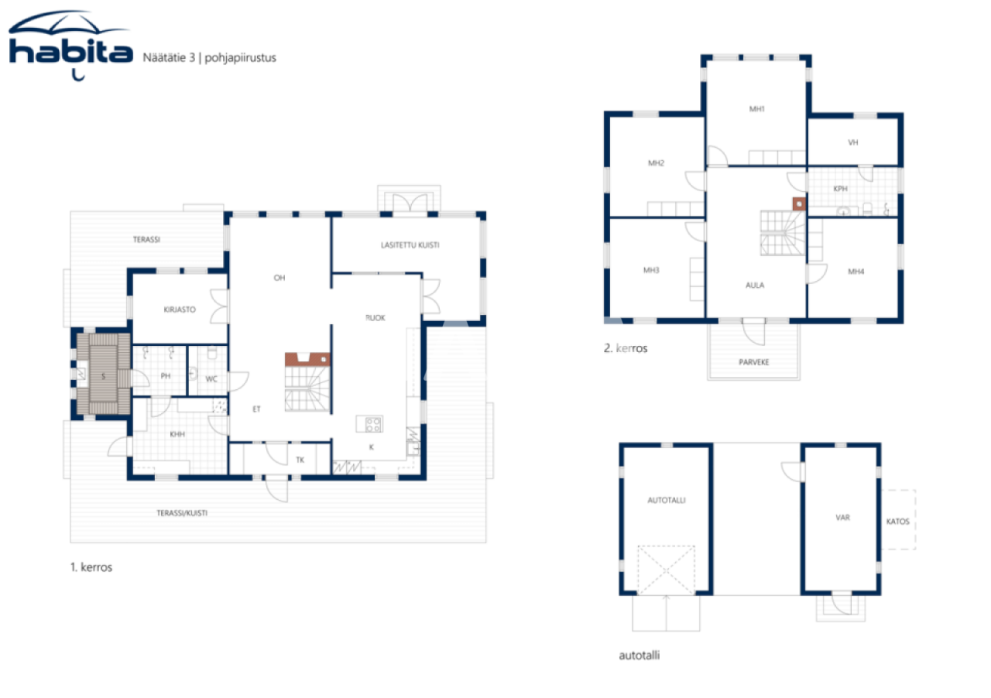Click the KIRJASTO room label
pos(180,309)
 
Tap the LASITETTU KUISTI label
pos(410,245)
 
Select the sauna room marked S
pos(103,376)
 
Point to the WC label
pos(211,378)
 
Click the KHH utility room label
pos(178,434)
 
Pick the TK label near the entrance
pos(300,460)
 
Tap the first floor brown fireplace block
pos(307,359)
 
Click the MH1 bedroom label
pos(756,109)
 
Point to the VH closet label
pos(853,142)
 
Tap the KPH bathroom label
pos(840,188)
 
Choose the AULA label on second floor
pos(755,285)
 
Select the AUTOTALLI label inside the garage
pos(666,500)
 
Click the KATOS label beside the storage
pos(897,521)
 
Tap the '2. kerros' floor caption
pos(625,349)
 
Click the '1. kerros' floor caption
pos(91,567)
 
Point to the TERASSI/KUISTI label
pos(182,512)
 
